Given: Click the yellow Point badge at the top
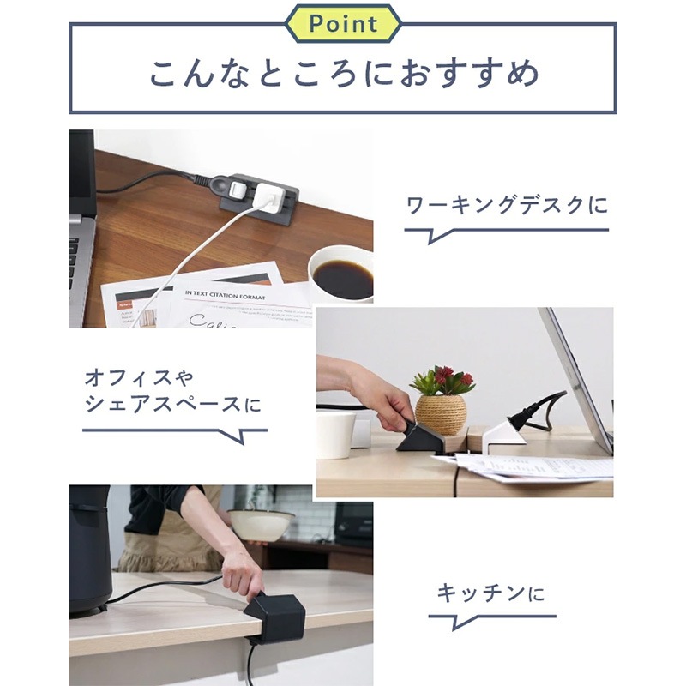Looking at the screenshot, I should tap(343, 23).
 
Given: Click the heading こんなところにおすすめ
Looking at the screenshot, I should tap(343, 73).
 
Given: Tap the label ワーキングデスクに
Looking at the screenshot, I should tap(506, 206).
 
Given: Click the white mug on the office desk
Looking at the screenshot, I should tap(335, 434).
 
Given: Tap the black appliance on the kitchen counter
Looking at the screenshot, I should tap(89, 549).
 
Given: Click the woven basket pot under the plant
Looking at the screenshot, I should tap(441, 413).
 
